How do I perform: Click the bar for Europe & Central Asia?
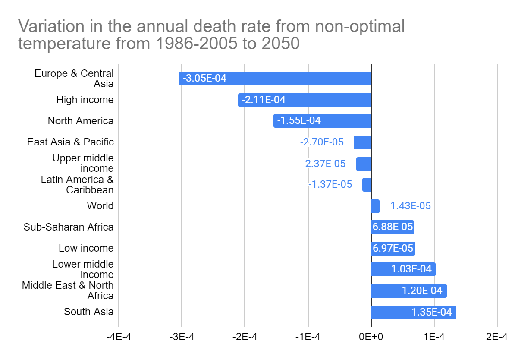275,79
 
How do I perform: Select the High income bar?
305,100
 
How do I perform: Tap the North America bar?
322,121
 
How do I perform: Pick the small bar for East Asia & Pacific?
362,142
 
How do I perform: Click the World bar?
375,206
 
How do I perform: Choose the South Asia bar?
413,313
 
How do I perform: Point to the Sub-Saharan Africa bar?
392,227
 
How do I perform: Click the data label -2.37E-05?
323,164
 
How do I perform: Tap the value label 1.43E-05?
410,206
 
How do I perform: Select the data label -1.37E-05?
330,185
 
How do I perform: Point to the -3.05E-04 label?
204,79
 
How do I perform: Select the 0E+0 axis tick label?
371,337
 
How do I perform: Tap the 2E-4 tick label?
497,337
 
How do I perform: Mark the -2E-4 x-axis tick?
245,337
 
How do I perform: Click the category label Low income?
86,248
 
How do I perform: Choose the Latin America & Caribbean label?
78,185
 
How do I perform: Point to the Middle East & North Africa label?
68,291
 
